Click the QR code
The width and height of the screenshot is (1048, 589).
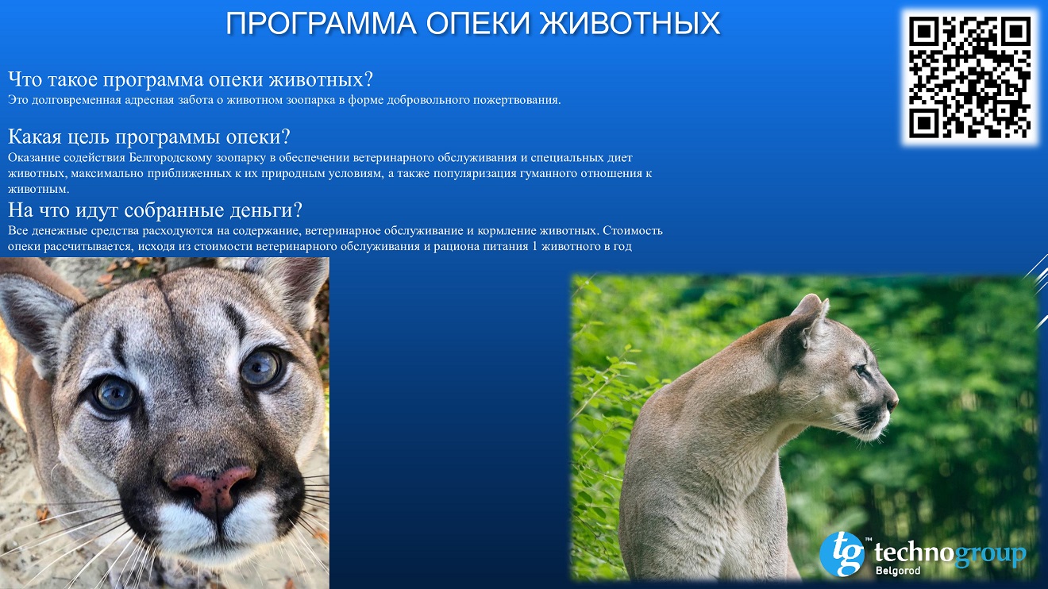pyautogui.click(x=969, y=77)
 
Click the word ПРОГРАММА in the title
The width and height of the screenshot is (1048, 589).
pyautogui.click(x=322, y=23)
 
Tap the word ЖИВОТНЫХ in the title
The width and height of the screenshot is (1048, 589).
pyautogui.click(x=630, y=23)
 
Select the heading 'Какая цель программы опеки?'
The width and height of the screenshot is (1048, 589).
pyautogui.click(x=149, y=137)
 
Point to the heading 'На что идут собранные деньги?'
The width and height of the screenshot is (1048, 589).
pyautogui.click(x=156, y=210)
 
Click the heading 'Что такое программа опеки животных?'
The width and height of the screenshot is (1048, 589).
pyautogui.click(x=191, y=79)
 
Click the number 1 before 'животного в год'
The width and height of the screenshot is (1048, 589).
pyautogui.click(x=535, y=246)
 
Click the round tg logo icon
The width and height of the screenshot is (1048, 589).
pyautogui.click(x=842, y=554)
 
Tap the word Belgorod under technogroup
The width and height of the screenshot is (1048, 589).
pyautogui.click(x=898, y=571)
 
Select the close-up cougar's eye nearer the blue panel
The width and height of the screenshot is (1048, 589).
pyautogui.click(x=261, y=368)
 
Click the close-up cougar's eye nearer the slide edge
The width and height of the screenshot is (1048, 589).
pyautogui.click(x=114, y=394)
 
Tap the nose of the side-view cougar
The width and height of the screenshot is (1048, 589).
pyautogui.click(x=893, y=402)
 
